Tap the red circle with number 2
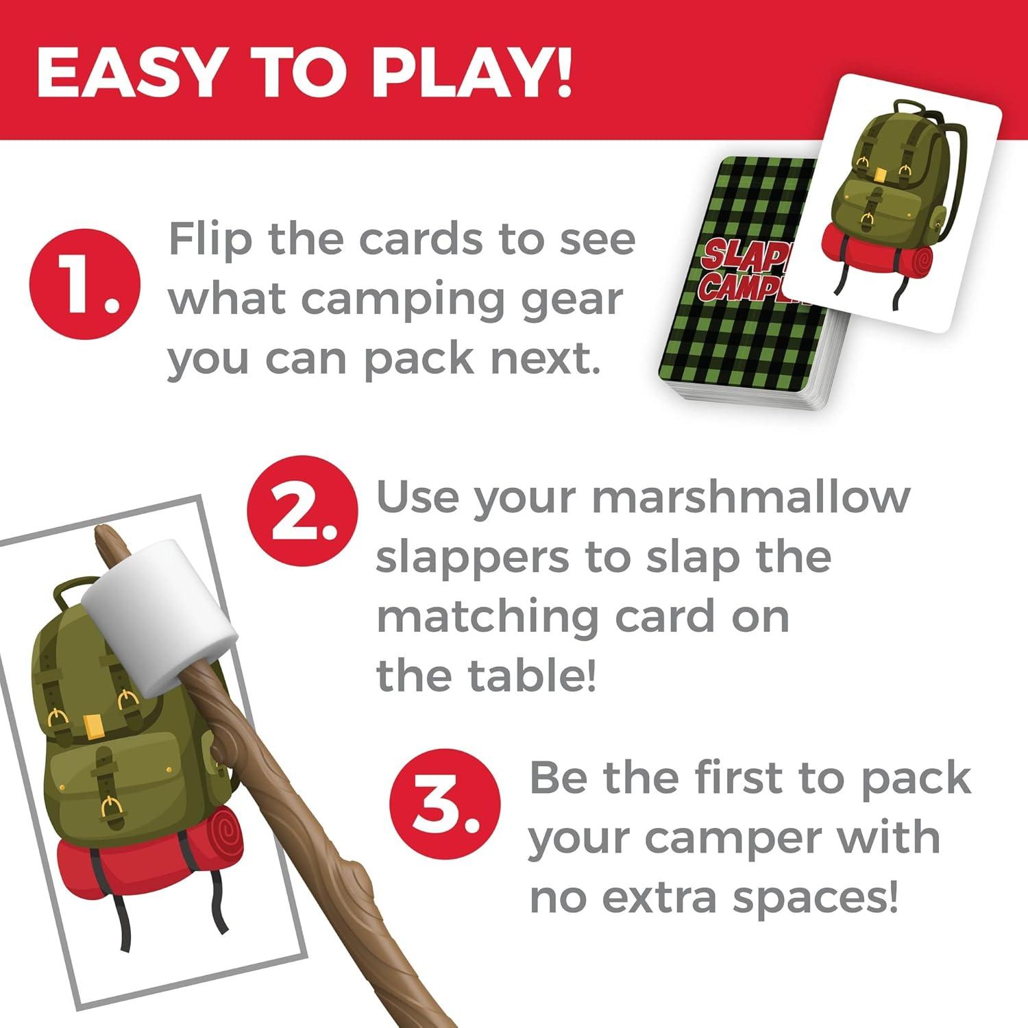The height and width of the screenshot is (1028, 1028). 302,511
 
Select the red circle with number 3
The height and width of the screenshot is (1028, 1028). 445,805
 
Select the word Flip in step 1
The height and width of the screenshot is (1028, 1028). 210,242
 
